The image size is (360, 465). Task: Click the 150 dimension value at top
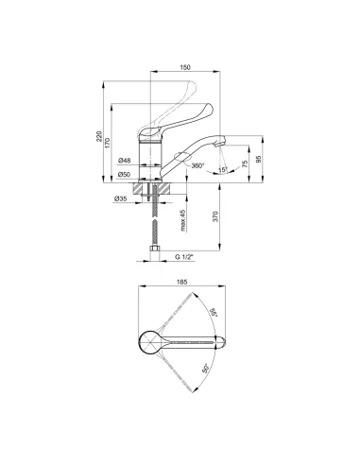tap(185, 67)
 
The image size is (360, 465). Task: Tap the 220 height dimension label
tap(99, 136)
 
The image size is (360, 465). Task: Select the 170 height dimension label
tap(108, 144)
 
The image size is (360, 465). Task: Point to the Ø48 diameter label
tap(125, 161)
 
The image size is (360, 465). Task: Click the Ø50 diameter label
tap(125, 174)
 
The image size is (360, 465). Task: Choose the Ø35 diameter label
tap(121, 198)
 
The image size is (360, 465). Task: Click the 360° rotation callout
tap(197, 165)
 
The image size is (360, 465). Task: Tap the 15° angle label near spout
tap(223, 170)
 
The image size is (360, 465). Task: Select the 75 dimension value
tap(245, 164)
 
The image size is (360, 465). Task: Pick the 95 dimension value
tap(259, 159)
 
